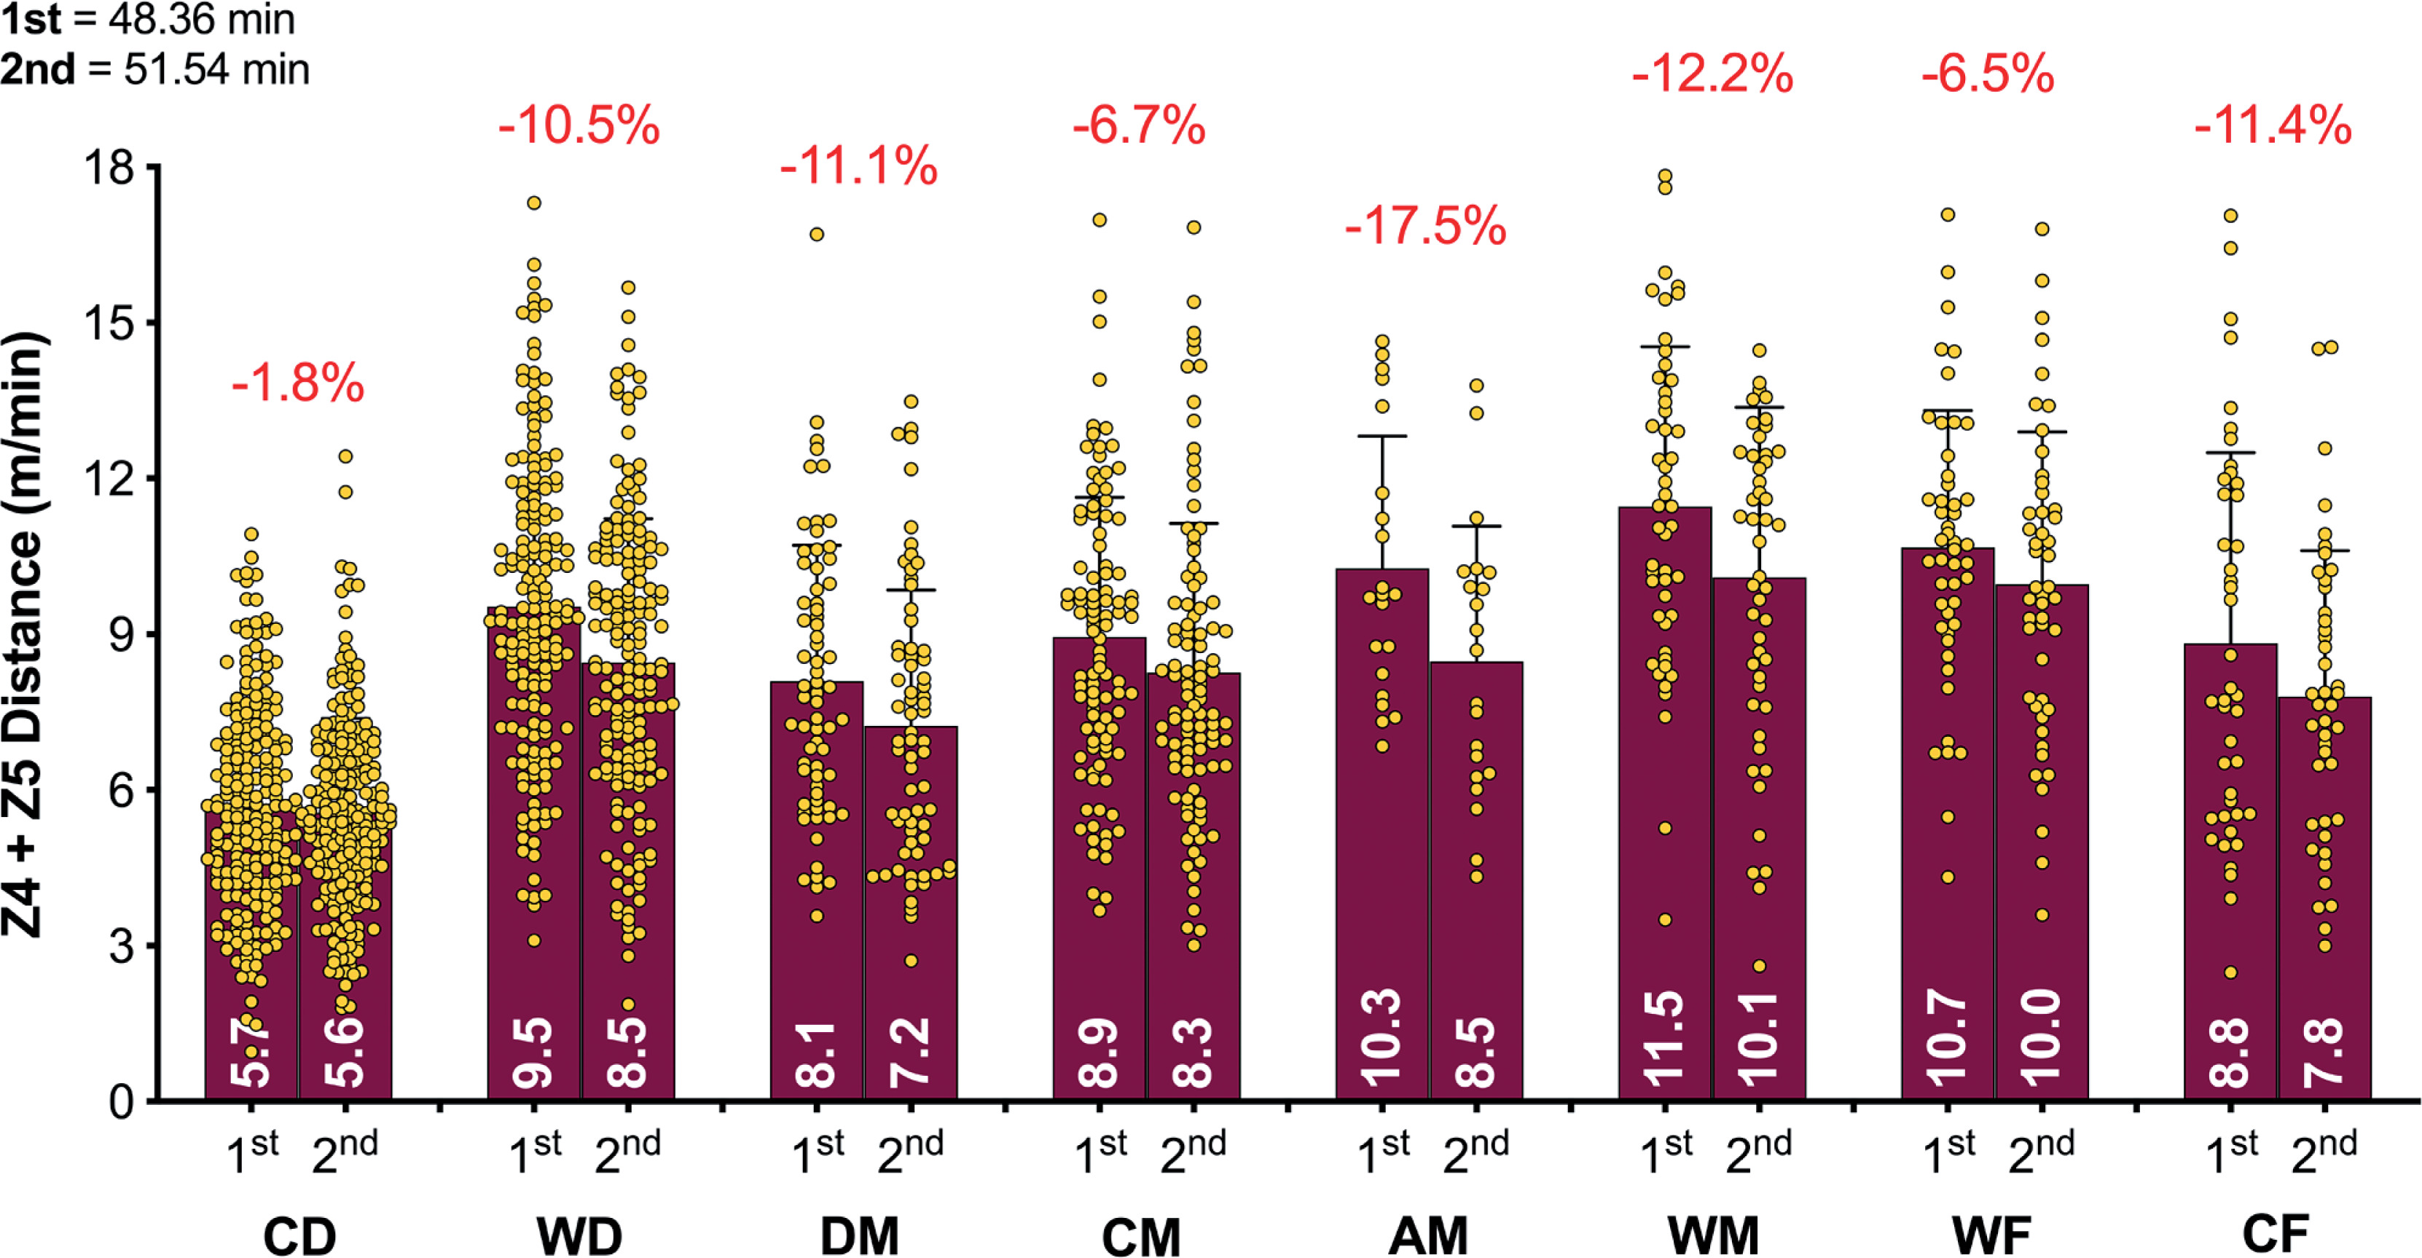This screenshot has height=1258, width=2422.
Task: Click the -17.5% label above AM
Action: click(x=1425, y=227)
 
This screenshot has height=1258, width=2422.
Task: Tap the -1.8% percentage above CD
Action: click(x=297, y=383)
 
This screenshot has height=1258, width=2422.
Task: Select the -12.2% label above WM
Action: click(x=1712, y=74)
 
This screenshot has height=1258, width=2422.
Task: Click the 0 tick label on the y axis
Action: click(x=121, y=1101)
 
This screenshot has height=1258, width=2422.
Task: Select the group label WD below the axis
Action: click(x=579, y=1235)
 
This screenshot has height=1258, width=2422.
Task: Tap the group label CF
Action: click(x=2276, y=1232)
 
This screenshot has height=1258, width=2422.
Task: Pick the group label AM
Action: click(x=1427, y=1235)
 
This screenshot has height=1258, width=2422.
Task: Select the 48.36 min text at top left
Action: click(x=201, y=20)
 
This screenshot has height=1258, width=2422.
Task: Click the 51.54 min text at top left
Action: click(x=216, y=69)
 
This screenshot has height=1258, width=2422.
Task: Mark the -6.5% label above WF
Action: click(x=1987, y=74)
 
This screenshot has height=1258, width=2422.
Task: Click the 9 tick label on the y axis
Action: click(x=121, y=635)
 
